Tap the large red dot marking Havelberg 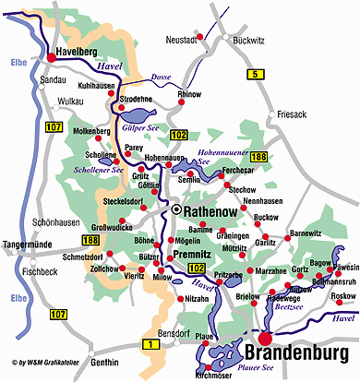(49, 57)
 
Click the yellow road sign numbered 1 (147, 344)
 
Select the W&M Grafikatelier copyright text (46, 363)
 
